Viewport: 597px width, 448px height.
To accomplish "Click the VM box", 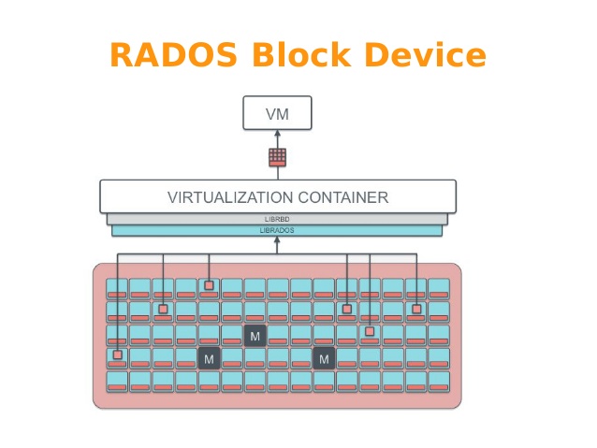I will pyautogui.click(x=277, y=113).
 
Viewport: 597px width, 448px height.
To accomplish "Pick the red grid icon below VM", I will pyautogui.click(x=277, y=156).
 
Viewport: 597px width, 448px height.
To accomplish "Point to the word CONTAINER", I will pyautogui.click(x=342, y=197).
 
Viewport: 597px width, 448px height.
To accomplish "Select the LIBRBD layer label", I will pyautogui.click(x=277, y=219).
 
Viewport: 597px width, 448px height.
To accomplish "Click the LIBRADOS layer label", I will pyautogui.click(x=277, y=229).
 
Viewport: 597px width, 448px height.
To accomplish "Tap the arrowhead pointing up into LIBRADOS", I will pyautogui.click(x=277, y=241).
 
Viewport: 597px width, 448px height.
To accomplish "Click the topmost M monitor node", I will pyautogui.click(x=255, y=335).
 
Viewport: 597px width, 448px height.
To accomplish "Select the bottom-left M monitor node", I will pyautogui.click(x=209, y=358).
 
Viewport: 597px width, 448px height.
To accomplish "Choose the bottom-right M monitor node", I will pyautogui.click(x=324, y=358).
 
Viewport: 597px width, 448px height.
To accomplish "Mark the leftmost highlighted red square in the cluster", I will pyautogui.click(x=117, y=354).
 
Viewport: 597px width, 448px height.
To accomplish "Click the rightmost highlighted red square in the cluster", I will pyautogui.click(x=416, y=309).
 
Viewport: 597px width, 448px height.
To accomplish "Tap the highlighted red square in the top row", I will pyautogui.click(x=209, y=285).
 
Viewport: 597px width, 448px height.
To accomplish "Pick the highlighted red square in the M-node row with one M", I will pyautogui.click(x=370, y=331).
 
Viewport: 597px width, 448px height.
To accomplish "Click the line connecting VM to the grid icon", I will pyautogui.click(x=277, y=137).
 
